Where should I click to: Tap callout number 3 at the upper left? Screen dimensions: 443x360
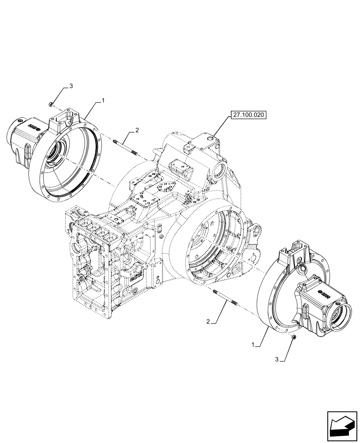pyautogui.click(x=70, y=86)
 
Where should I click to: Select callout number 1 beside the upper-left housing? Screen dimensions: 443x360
pyautogui.click(x=103, y=101)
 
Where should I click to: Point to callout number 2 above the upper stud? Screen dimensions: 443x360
pyautogui.click(x=137, y=130)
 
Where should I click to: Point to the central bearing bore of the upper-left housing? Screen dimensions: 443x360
pyautogui.click(x=59, y=153)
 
